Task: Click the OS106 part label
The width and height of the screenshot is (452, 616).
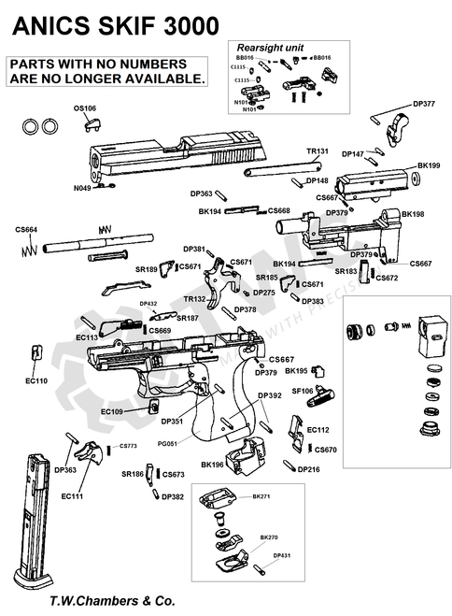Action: [85, 108]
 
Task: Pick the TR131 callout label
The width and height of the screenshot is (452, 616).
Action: [318, 150]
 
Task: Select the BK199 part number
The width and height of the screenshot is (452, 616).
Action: [428, 165]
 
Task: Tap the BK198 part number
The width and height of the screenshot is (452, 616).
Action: [413, 214]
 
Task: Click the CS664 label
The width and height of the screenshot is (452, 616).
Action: [26, 230]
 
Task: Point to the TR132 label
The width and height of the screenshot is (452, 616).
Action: [194, 299]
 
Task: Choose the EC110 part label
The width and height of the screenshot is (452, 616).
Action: [36, 381]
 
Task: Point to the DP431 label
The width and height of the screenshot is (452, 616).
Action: [283, 555]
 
